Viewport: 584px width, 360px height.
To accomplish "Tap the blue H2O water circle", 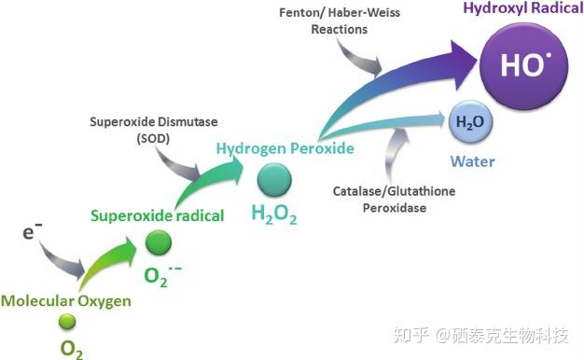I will click(x=471, y=122).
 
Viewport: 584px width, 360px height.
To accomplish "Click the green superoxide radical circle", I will click(x=159, y=243).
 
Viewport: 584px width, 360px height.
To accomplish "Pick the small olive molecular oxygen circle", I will click(x=67, y=322).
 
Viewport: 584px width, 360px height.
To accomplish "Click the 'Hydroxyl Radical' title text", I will click(x=528, y=9).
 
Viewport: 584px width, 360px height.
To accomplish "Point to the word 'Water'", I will click(x=472, y=161).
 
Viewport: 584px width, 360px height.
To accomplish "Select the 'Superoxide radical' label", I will click(x=157, y=215).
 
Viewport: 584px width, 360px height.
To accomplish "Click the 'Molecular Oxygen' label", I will click(x=65, y=300).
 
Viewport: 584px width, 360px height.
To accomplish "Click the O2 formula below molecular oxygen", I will click(x=71, y=348).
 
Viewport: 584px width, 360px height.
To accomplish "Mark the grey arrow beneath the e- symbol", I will click(x=65, y=260).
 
